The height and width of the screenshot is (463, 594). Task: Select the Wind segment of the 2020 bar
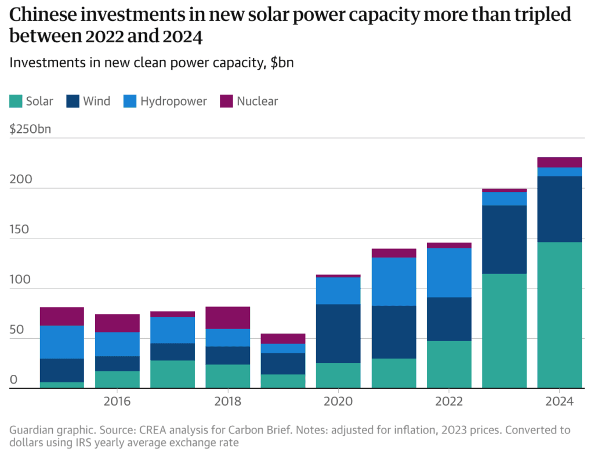[338, 334]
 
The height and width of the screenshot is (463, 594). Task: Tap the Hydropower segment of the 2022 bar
[449, 273]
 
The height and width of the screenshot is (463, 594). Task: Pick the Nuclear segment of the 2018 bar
[227, 318]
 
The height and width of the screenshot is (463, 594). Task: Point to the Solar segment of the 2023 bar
[504, 331]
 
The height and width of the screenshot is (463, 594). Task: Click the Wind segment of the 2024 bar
[560, 209]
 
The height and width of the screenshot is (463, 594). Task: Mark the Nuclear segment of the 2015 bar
[61, 316]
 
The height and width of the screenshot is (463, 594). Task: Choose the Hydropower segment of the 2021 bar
[394, 281]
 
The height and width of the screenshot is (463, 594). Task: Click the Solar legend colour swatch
[16, 102]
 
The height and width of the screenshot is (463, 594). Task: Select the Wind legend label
[96, 102]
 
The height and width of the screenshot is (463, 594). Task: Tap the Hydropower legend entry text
[173, 102]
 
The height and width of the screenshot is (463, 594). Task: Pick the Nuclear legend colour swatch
[226, 102]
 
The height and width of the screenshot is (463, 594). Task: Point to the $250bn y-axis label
[30, 129]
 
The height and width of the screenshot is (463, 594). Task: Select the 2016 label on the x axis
[117, 401]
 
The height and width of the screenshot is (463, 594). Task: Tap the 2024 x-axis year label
[560, 401]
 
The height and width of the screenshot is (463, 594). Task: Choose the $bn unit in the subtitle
[282, 63]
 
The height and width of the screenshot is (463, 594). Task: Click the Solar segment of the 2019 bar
[283, 381]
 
